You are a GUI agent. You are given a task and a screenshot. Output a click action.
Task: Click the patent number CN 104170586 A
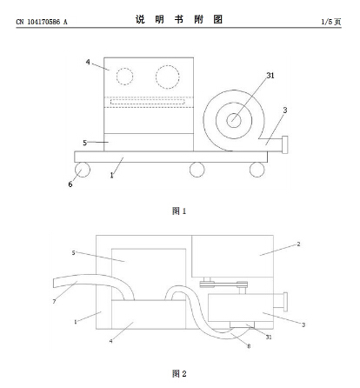42,22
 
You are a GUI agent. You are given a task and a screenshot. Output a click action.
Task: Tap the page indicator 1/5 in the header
327,22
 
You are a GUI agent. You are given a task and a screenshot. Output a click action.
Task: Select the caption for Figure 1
179,211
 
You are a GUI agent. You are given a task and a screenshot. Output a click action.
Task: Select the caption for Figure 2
179,373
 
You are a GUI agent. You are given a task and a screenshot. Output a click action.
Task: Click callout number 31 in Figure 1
270,76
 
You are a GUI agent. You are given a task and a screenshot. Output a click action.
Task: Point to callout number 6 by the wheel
70,184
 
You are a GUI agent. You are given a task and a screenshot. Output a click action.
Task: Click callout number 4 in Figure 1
88,62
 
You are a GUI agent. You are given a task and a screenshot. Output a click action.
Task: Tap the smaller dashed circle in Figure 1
125,77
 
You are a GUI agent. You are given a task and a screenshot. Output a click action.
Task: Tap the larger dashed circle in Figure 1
167,77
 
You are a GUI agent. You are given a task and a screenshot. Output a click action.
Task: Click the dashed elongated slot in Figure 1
147,102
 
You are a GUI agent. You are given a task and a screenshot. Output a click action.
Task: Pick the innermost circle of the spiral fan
234,120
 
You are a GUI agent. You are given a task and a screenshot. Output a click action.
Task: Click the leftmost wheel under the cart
83,170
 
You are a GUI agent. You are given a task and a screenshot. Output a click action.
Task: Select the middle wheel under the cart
197,170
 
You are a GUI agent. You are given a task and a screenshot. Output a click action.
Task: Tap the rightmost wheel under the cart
257,170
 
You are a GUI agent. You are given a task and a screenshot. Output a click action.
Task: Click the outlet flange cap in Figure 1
285,144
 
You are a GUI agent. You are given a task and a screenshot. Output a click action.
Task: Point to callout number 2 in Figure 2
298,244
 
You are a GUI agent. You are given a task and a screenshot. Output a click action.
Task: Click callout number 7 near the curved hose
54,302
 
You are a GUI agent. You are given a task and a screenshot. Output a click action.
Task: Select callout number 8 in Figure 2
249,346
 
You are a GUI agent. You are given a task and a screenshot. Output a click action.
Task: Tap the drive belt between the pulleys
223,284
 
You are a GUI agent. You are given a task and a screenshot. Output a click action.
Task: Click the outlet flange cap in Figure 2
285,302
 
